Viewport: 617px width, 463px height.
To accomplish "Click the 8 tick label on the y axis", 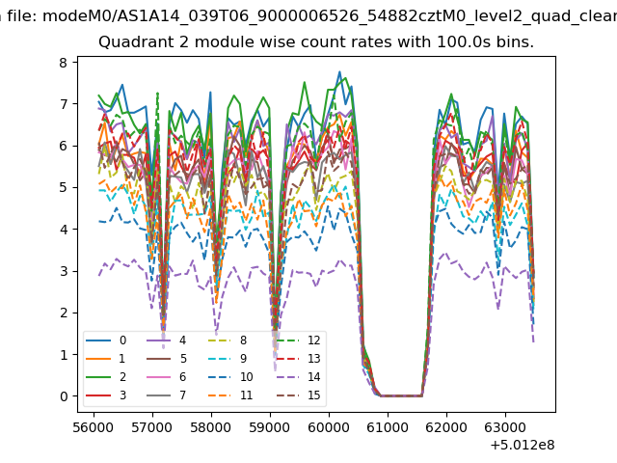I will [61, 63].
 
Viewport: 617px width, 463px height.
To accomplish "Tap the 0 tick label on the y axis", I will [61, 396].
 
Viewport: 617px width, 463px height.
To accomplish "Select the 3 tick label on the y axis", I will [61, 271].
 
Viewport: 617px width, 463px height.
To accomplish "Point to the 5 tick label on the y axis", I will [61, 188].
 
